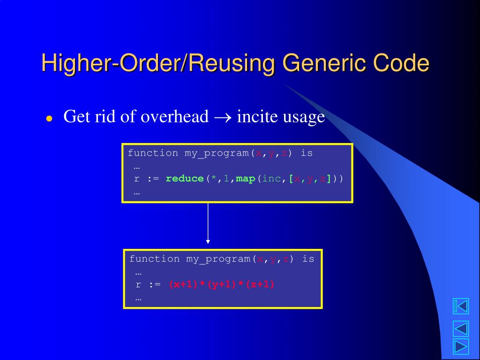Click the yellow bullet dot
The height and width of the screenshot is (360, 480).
pos(49,119)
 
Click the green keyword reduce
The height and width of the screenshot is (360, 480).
pos(185,179)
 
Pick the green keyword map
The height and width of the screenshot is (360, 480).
pos(245,179)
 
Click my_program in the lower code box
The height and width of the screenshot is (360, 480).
pos(218,259)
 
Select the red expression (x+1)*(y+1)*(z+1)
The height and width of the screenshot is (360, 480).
pos(222,285)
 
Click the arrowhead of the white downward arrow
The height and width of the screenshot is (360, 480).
pos(208,241)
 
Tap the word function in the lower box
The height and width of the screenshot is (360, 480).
pos(154,259)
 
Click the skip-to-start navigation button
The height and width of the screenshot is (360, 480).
pos(460,307)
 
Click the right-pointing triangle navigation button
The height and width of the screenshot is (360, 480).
pos(460,347)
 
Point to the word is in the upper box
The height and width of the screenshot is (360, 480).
pos(307,153)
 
